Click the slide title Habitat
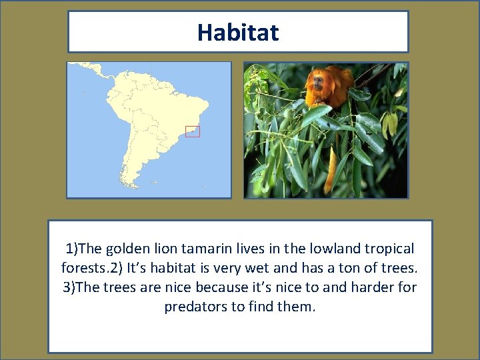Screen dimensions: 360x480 point(238,32)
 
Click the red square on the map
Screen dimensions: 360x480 point(193,131)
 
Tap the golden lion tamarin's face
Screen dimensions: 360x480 point(315,82)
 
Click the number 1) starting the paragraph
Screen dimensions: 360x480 point(72,249)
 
